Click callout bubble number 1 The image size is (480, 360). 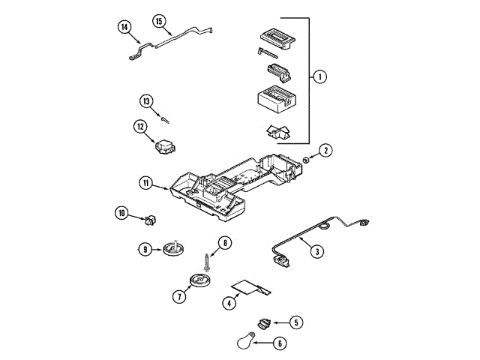(x=319, y=76)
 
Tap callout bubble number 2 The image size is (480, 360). (x=325, y=151)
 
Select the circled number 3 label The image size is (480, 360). (x=318, y=252)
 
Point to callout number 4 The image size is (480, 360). (x=227, y=303)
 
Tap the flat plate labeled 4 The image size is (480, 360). (x=248, y=287)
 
